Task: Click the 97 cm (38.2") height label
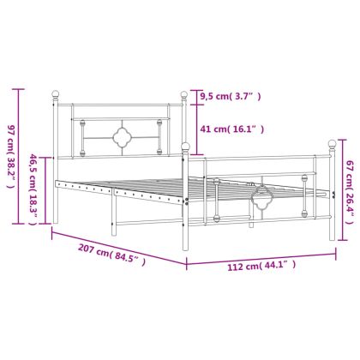coord(10,157)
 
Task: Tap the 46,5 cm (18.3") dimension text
coord(33,189)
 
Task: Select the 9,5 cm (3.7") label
coord(231,97)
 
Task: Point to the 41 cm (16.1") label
coord(231,129)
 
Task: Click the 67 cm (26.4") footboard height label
coord(349,192)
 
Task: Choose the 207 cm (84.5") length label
coord(111,255)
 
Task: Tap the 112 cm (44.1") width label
coord(261,266)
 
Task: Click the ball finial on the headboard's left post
coord(56,94)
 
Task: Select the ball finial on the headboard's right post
coord(184,94)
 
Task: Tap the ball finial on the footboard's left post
coord(186,147)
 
